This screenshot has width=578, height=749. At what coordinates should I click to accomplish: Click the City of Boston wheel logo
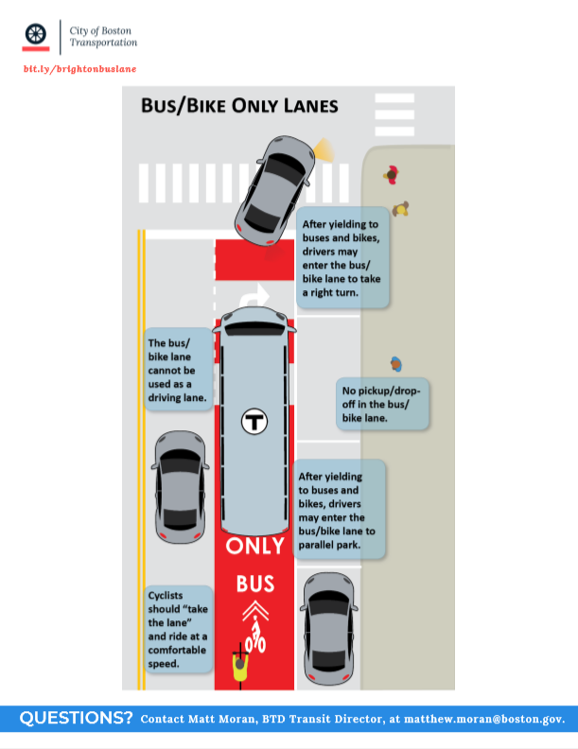36,34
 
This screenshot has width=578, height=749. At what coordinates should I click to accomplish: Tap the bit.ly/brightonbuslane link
79,69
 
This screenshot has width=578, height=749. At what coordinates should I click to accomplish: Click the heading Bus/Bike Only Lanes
239,106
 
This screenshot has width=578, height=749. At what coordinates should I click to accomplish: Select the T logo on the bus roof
254,422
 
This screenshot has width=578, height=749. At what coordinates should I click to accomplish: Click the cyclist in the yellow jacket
240,666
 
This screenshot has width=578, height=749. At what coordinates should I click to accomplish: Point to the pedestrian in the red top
392,175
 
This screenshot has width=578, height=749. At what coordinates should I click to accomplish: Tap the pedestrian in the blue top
396,364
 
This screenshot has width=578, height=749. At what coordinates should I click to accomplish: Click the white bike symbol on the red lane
255,635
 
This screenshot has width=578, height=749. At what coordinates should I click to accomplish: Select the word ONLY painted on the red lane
255,546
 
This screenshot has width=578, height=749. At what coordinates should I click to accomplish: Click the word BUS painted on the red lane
255,584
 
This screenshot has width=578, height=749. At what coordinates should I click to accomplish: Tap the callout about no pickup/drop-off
382,404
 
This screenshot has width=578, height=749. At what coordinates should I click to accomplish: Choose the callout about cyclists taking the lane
178,629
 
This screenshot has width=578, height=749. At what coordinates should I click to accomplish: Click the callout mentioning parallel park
339,510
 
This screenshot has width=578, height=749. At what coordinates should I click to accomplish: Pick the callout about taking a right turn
343,257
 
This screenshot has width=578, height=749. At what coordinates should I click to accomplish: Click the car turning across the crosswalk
274,191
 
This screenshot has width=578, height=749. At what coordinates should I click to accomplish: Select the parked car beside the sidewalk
328,629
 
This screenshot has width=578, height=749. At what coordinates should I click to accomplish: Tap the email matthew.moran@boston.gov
484,719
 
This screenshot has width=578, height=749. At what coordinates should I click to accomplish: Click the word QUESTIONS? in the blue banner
76,718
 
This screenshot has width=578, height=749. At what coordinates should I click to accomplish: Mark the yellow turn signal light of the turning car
324,150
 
